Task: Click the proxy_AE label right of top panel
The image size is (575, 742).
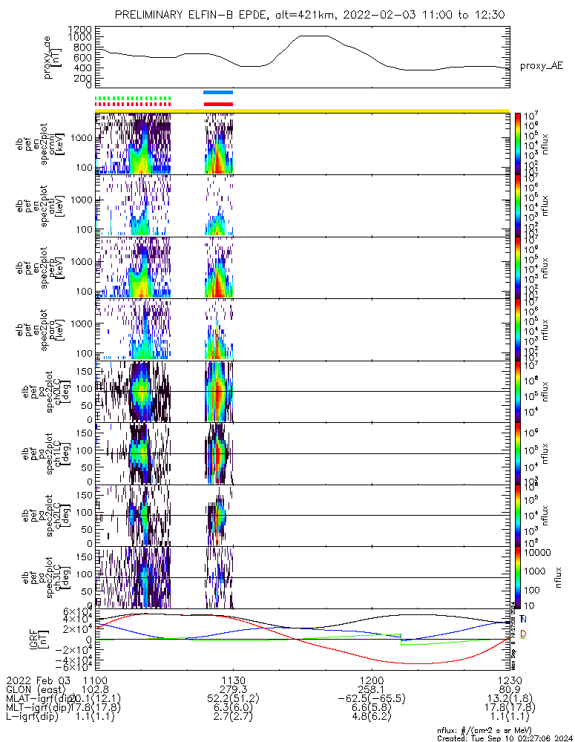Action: tap(541, 66)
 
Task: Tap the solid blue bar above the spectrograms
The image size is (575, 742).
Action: tap(218, 92)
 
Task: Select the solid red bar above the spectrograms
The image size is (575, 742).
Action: tap(218, 104)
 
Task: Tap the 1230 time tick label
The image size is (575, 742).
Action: tap(510, 680)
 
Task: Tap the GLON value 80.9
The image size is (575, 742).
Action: tap(510, 689)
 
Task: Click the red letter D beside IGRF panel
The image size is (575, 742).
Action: tap(524, 634)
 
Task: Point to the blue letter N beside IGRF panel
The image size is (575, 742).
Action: tap(524, 619)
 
